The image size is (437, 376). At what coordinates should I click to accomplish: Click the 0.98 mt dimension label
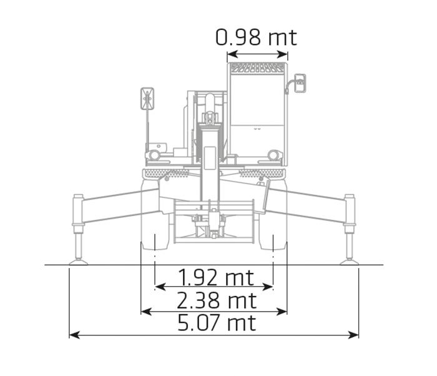[256, 37]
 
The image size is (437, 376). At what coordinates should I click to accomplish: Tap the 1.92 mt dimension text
[216, 277]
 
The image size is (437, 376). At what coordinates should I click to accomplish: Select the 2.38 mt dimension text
[217, 300]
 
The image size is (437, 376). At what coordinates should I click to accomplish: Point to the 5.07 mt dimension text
[217, 323]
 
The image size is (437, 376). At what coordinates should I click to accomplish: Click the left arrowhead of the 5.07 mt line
[74, 335]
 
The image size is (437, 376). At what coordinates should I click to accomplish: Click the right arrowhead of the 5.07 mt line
[353, 335]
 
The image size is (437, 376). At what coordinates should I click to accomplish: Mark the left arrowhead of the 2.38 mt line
[146, 312]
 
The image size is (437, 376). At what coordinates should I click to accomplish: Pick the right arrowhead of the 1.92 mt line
[268, 287]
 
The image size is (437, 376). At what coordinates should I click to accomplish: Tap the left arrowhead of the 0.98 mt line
[232, 54]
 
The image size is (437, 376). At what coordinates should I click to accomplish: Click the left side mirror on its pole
[147, 99]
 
